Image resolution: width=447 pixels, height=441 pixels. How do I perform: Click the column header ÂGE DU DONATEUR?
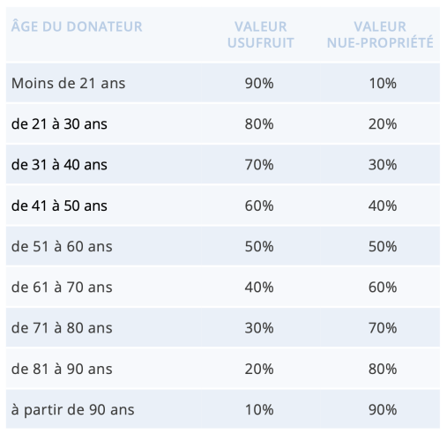pyautogui.click(x=77, y=26)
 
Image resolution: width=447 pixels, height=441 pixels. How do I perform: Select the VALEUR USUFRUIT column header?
pyautogui.click(x=261, y=34)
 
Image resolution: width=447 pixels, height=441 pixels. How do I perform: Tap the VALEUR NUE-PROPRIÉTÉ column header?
pyautogui.click(x=380, y=34)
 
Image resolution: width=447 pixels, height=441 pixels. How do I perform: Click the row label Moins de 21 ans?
pyautogui.click(x=68, y=83)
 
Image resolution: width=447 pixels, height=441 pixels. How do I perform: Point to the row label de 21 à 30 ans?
pyautogui.click(x=59, y=123)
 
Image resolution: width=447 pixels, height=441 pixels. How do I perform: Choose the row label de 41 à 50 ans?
pyautogui.click(x=59, y=206)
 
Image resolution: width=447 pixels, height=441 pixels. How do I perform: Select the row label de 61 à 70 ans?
pyautogui.click(x=62, y=288)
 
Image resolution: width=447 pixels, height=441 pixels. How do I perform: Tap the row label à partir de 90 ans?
pyautogui.click(x=72, y=410)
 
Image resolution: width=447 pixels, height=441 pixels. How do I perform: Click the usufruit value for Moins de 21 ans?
pyautogui.click(x=259, y=83)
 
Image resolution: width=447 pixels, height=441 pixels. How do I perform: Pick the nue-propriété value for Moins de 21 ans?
pyautogui.click(x=383, y=83)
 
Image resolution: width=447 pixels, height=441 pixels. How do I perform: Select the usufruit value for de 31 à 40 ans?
pyautogui.click(x=259, y=165)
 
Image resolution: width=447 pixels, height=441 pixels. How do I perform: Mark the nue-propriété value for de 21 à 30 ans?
pyautogui.click(x=383, y=123)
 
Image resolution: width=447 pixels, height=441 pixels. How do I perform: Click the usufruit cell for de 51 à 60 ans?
pyautogui.click(x=259, y=246)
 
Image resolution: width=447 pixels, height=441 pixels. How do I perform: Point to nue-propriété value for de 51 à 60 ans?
pyautogui.click(x=383, y=246)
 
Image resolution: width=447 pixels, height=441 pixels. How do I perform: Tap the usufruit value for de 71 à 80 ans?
pyautogui.click(x=259, y=328)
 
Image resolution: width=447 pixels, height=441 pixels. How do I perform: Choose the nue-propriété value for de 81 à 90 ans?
pyautogui.click(x=383, y=369)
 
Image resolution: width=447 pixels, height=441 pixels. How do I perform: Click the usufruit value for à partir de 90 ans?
pyautogui.click(x=259, y=409)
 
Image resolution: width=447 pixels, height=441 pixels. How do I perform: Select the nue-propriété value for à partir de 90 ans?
pyautogui.click(x=383, y=409)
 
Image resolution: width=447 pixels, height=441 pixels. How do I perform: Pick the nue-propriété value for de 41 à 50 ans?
pyautogui.click(x=383, y=206)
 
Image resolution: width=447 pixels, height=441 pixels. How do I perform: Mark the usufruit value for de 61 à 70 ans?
pyautogui.click(x=259, y=288)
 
